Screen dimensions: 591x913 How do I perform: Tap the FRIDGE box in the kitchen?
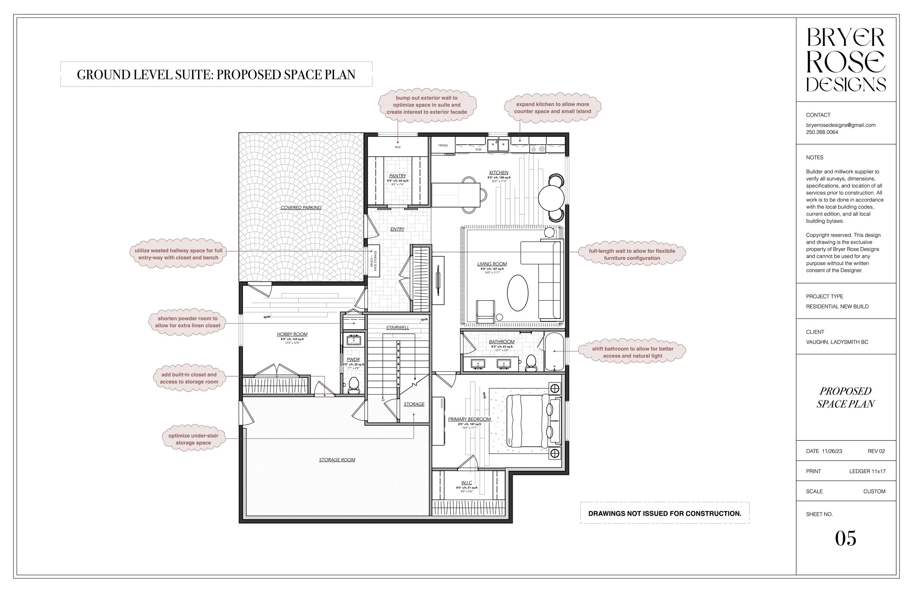(443, 146)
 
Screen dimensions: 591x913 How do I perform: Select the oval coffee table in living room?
(517, 293)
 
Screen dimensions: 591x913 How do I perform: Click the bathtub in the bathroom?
(554, 351)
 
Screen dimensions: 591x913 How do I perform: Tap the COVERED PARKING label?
(301, 207)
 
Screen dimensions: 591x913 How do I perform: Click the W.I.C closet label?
(466, 483)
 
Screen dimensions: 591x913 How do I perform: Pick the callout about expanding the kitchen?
(553, 108)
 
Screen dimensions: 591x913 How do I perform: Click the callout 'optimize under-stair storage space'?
(193, 439)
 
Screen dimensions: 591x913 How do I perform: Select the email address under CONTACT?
(840, 125)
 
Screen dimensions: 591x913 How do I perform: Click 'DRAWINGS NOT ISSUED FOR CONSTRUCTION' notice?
(664, 514)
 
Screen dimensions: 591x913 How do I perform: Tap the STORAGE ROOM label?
(337, 460)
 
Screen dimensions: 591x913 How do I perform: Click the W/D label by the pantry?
(398, 147)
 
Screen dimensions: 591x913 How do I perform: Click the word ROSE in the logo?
(845, 62)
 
